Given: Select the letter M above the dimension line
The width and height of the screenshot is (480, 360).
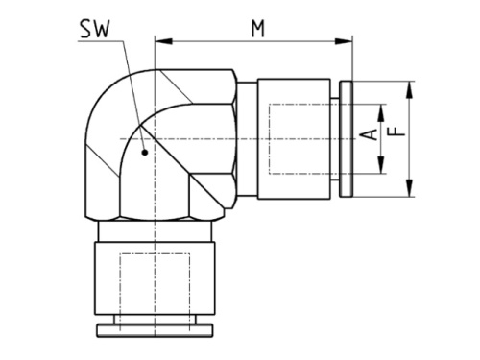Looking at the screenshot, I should tap(257, 28).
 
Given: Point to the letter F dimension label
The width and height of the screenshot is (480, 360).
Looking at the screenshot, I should tap(393, 127).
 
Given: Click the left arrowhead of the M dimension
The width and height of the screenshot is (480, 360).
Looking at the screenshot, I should tap(159, 41).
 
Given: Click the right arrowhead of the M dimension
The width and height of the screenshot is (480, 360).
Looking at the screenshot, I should tap(347, 41).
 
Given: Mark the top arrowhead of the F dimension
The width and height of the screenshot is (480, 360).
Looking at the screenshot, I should tap(410, 87).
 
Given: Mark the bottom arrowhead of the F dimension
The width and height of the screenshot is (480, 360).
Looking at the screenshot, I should tap(410, 191).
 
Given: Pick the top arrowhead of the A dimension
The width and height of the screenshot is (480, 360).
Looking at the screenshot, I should tap(382, 107).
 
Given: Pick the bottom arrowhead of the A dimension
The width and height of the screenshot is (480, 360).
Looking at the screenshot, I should tap(382, 170).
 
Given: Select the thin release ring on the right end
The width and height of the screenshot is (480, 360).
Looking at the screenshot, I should tap(347, 139).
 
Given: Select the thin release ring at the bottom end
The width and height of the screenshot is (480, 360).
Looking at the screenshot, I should tap(154, 329).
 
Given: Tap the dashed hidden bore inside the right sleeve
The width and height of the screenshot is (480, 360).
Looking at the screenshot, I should tap(298, 139).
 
